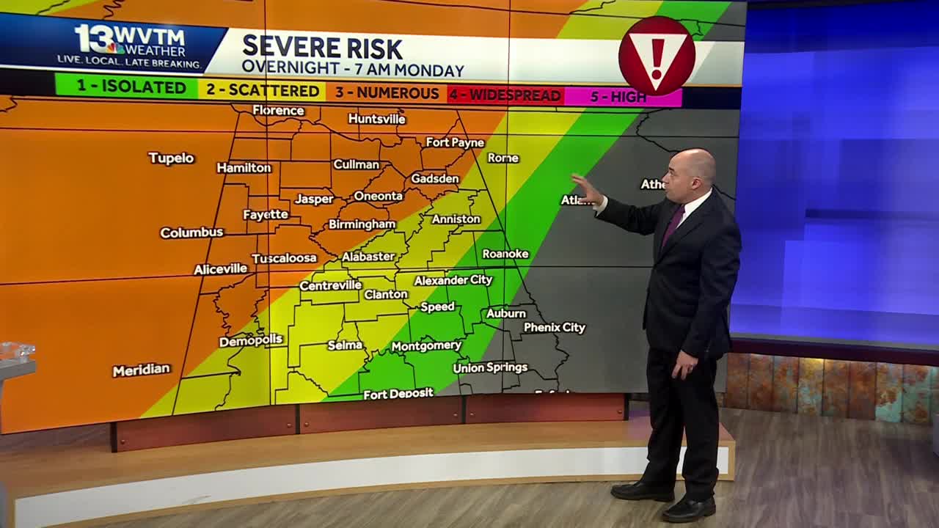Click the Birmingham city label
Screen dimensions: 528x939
coord(362,224)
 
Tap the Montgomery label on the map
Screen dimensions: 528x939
coord(426,346)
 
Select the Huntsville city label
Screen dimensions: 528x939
coord(376,119)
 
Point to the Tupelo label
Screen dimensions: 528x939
coord(171,158)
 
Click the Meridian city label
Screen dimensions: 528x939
coord(141,370)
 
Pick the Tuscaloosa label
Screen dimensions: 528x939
coord(284,258)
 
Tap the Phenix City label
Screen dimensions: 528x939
coord(554,328)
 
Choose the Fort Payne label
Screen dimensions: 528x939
coord(455,142)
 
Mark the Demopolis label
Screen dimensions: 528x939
coord(251,341)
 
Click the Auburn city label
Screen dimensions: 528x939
coord(506,313)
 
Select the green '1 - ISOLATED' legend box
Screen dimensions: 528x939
coord(127,87)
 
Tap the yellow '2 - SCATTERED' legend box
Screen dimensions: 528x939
coord(263,90)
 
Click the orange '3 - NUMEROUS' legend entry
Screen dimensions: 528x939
coord(387,93)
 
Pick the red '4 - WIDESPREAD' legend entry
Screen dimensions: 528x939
coord(505,95)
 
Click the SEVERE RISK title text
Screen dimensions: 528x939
coord(322,48)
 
